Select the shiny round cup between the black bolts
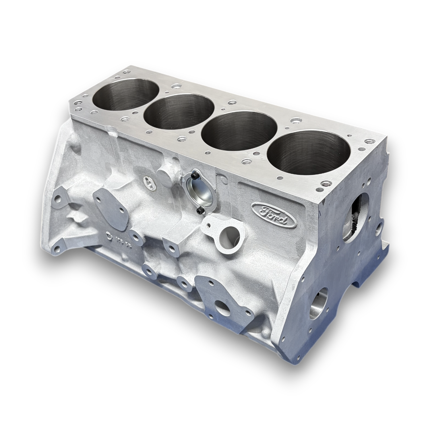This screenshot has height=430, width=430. [198, 193]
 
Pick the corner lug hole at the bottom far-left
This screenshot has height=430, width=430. [57, 249]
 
